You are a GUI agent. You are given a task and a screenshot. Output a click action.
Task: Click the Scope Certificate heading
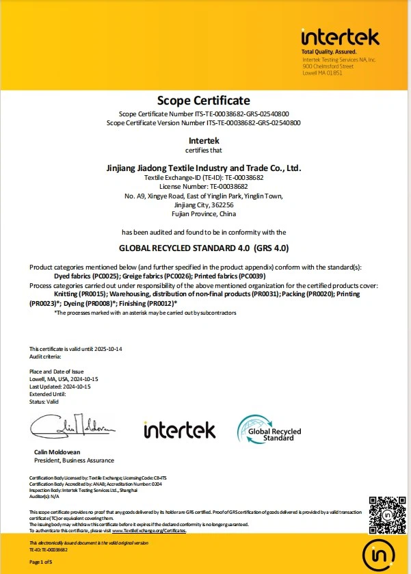tap(204, 101)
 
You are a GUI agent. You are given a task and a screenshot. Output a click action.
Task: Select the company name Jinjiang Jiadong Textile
tap(204, 168)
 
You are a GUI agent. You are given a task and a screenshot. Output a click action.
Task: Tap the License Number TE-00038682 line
tap(204, 186)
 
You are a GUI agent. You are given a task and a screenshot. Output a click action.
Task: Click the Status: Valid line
tap(44, 402)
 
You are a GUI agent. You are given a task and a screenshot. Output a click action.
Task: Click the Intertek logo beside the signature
tap(179, 430)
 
